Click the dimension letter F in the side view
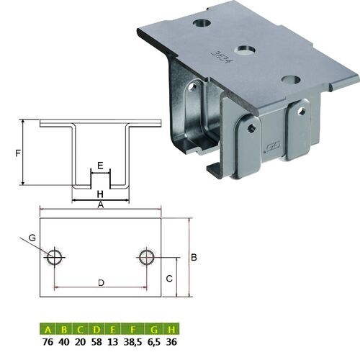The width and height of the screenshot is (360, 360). coord(18,153)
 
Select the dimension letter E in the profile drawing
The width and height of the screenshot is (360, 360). coord(100,166)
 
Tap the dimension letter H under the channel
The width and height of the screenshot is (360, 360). coord(100,194)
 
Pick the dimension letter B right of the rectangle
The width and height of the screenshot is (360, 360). coord(194,256)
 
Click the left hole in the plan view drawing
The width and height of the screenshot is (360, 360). coord(54,256)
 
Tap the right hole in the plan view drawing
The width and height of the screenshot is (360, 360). coord(147,256)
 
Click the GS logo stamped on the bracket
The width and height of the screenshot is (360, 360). coord(271,149)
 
